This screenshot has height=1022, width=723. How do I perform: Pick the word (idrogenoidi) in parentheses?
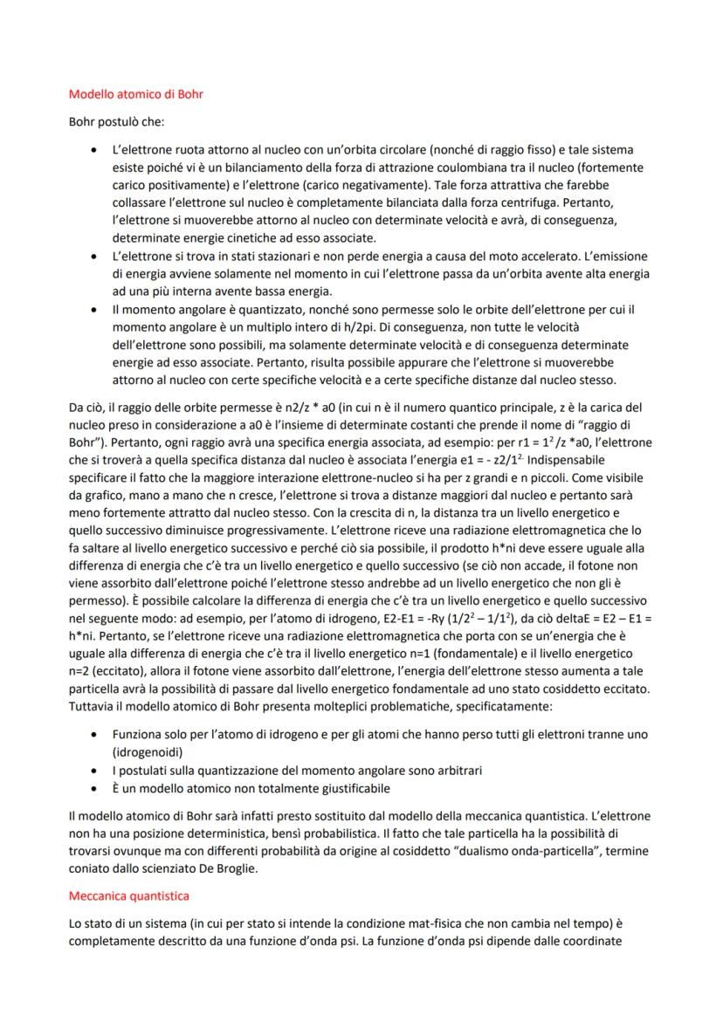point(146,751)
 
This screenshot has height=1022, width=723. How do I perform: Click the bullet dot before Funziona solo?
point(93,734)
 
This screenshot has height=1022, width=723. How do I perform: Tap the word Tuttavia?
point(90,704)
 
